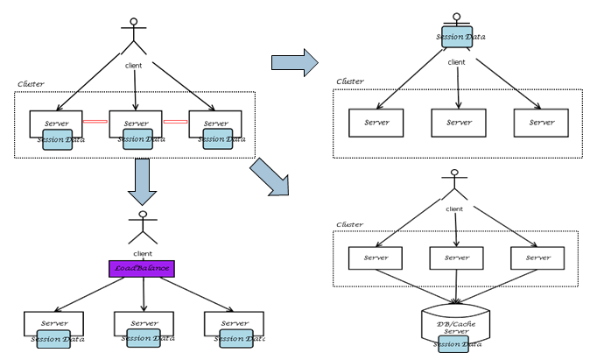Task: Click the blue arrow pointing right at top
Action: (293, 61)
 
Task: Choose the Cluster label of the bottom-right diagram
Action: (350, 224)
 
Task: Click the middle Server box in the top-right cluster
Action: (459, 123)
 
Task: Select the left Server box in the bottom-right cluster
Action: (376, 258)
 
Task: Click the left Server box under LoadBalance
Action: (55, 323)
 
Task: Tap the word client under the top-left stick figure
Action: (134, 66)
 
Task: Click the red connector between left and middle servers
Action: (95, 124)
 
